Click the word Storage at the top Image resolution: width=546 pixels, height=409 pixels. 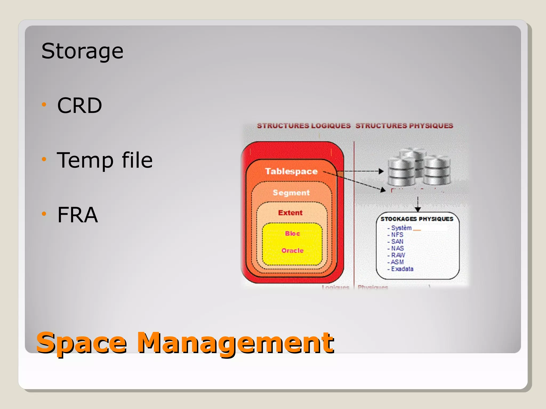pyautogui.click(x=82, y=51)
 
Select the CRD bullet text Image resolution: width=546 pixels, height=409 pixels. pyautogui.click(x=79, y=105)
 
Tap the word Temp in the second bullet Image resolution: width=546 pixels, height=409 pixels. pyautogui.click(x=85, y=160)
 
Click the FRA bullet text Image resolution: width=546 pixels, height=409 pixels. pyautogui.click(x=77, y=215)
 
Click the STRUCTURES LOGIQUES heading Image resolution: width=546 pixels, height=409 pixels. pyautogui.click(x=304, y=126)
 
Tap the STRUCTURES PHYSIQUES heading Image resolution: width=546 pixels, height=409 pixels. pyautogui.click(x=404, y=126)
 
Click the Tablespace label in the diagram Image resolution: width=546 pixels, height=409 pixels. pyautogui.click(x=291, y=171)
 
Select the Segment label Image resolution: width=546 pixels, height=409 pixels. pyautogui.click(x=291, y=193)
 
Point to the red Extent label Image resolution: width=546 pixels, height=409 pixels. pyautogui.click(x=290, y=213)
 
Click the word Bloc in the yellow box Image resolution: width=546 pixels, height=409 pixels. pyautogui.click(x=292, y=234)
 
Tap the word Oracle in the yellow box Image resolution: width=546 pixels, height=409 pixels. pyautogui.click(x=292, y=251)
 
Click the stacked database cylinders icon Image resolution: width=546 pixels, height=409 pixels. pyautogui.click(x=419, y=168)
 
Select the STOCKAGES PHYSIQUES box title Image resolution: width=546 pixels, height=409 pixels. pyautogui.click(x=417, y=219)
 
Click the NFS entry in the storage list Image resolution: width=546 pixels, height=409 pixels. pyautogui.click(x=397, y=235)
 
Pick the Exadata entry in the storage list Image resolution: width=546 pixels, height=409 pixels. pyautogui.click(x=402, y=269)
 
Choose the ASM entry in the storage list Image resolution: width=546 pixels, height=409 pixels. pyautogui.click(x=397, y=262)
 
